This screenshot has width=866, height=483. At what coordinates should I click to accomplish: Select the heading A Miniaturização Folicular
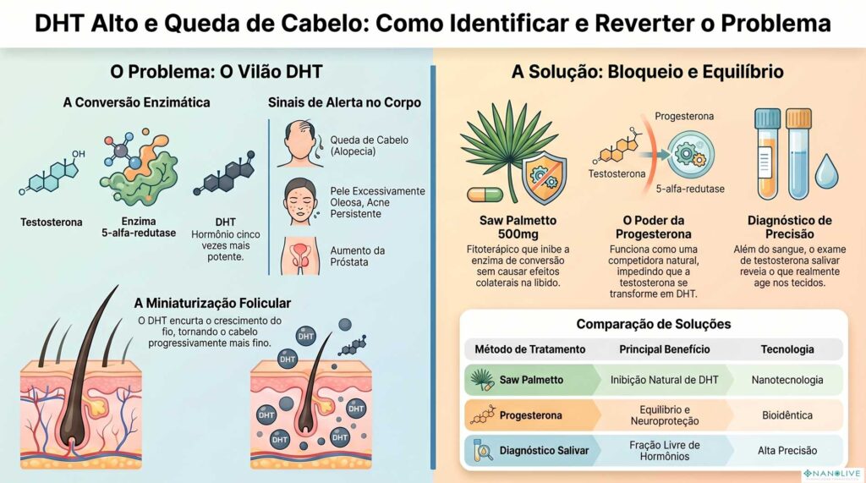212,303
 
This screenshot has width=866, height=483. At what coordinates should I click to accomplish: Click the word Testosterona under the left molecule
52,222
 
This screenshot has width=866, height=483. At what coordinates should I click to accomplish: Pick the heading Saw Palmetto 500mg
507,227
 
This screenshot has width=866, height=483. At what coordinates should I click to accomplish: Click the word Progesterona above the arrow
685,115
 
